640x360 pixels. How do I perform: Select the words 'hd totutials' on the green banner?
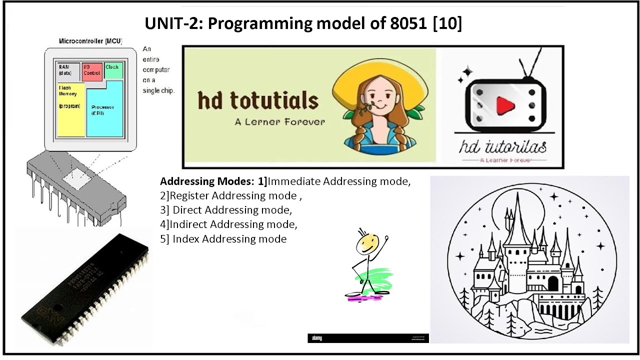tap(258, 100)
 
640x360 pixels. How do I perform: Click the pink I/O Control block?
tap(91, 70)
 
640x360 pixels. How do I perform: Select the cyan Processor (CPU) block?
tap(104, 112)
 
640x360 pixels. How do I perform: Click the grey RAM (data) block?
tap(66, 70)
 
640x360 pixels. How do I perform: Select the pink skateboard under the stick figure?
tap(363, 297)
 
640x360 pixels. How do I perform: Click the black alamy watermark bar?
tap(367, 338)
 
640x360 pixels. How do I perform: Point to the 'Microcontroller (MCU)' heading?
tap(90, 41)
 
